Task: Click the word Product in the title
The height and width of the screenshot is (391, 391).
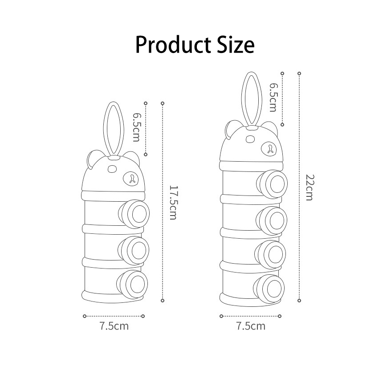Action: click(x=173, y=45)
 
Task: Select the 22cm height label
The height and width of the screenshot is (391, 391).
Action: click(x=310, y=187)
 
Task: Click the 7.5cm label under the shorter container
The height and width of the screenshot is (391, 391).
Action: click(x=114, y=326)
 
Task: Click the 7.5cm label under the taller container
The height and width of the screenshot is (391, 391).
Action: click(x=251, y=326)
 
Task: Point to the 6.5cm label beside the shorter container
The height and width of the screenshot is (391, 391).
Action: click(x=136, y=127)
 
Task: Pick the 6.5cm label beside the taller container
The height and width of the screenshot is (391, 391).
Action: click(x=273, y=97)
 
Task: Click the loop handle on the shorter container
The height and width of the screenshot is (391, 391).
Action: click(x=104, y=130)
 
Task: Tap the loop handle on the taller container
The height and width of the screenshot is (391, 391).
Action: click(x=242, y=100)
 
